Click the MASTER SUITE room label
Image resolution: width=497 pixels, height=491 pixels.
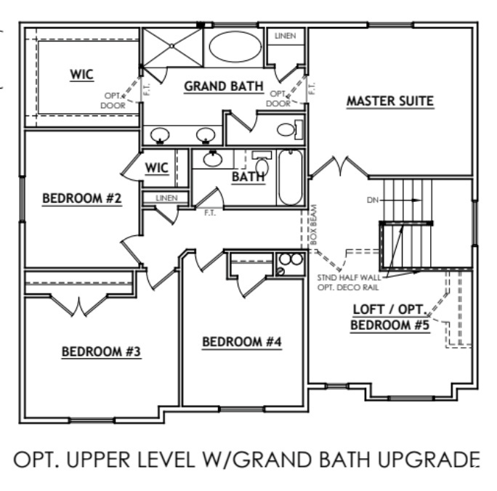point(389,101)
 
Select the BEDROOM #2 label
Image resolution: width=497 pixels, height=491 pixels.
point(81,198)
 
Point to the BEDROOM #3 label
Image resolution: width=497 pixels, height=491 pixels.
point(100,352)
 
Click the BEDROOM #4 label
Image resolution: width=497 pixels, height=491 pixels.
point(241,341)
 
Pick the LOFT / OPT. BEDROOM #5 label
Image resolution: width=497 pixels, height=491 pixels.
point(390,317)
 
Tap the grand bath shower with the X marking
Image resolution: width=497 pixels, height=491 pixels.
point(171,46)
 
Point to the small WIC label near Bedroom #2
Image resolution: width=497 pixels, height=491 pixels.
point(157,168)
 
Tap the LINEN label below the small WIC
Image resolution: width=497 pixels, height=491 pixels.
point(166,198)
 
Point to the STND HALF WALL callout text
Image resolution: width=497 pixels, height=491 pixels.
point(350,277)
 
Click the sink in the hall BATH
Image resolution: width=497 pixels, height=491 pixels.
point(214,158)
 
